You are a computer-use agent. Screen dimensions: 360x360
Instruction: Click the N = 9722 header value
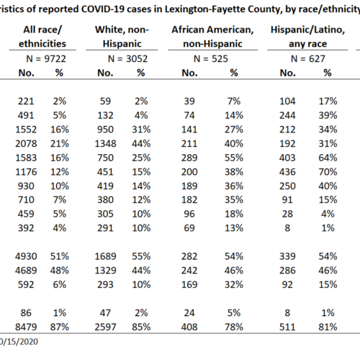[46, 59]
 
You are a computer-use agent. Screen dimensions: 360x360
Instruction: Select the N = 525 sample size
[211, 59]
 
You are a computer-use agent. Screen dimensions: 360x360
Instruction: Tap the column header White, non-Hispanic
[122, 37]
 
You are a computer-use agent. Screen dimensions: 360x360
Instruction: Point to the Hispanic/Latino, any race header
[307, 37]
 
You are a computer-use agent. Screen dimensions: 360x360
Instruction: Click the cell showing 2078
[26, 144]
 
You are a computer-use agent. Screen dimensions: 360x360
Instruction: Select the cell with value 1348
[105, 144]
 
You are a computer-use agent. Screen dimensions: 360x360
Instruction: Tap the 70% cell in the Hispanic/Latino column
[328, 172]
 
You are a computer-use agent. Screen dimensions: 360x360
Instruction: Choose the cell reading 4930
[26, 256]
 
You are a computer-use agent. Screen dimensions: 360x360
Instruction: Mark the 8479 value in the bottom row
[26, 327]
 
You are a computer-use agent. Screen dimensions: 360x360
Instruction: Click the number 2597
[105, 327]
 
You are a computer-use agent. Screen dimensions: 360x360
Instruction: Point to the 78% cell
[234, 327]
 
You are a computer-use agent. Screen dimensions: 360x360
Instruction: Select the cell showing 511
[287, 327]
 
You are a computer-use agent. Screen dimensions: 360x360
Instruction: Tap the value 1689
[105, 256]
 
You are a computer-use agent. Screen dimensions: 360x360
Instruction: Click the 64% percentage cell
[328, 158]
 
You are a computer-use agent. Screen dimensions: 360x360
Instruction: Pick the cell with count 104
[287, 102]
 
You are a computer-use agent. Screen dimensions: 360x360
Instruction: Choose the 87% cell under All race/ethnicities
[60, 327]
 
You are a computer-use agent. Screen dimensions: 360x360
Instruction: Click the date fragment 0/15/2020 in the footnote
[19, 342]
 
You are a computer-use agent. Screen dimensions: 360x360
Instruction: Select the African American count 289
[189, 158]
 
